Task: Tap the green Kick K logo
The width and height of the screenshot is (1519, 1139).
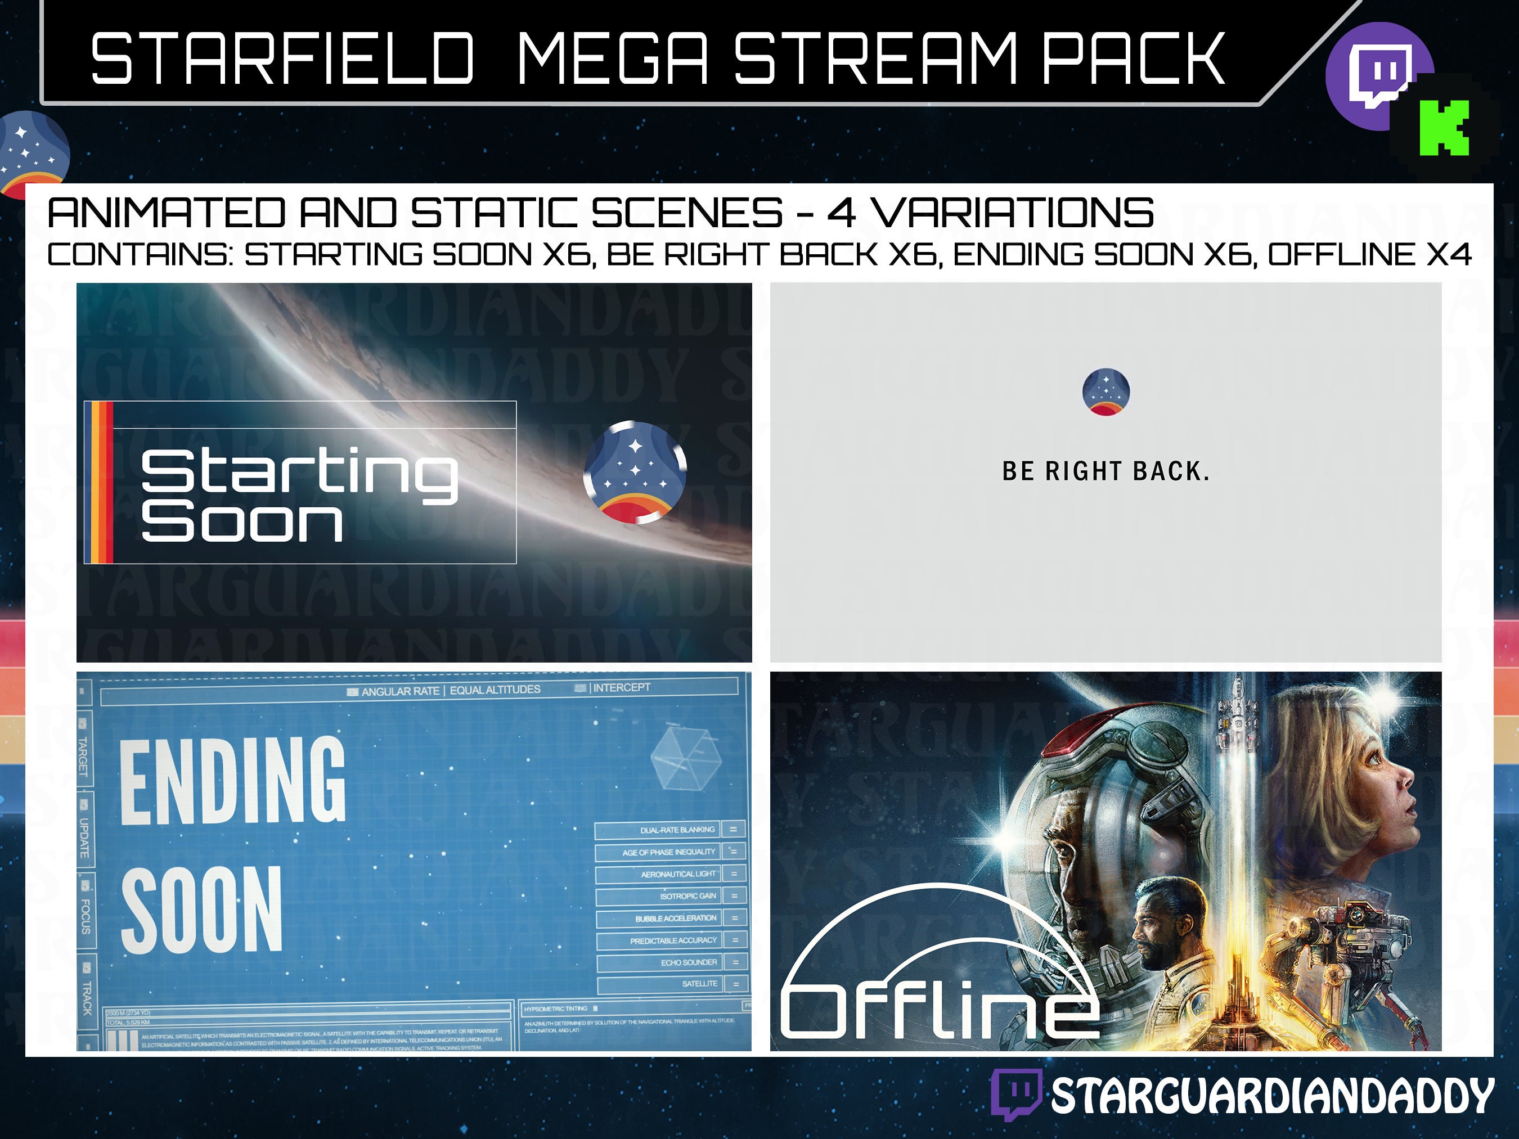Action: click(x=1444, y=128)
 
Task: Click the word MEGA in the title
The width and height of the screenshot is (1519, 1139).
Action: click(x=611, y=59)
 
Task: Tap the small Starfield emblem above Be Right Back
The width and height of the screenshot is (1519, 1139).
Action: click(x=1105, y=392)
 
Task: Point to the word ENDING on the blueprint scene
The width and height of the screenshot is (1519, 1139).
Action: click(x=232, y=781)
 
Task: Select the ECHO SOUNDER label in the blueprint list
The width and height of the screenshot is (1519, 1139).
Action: click(x=689, y=962)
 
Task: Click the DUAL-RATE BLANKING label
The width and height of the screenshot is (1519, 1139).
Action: click(x=677, y=830)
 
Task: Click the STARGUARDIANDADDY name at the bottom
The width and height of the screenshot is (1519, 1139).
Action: click(x=1272, y=1096)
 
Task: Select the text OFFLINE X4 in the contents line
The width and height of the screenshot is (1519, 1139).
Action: click(x=1369, y=255)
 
